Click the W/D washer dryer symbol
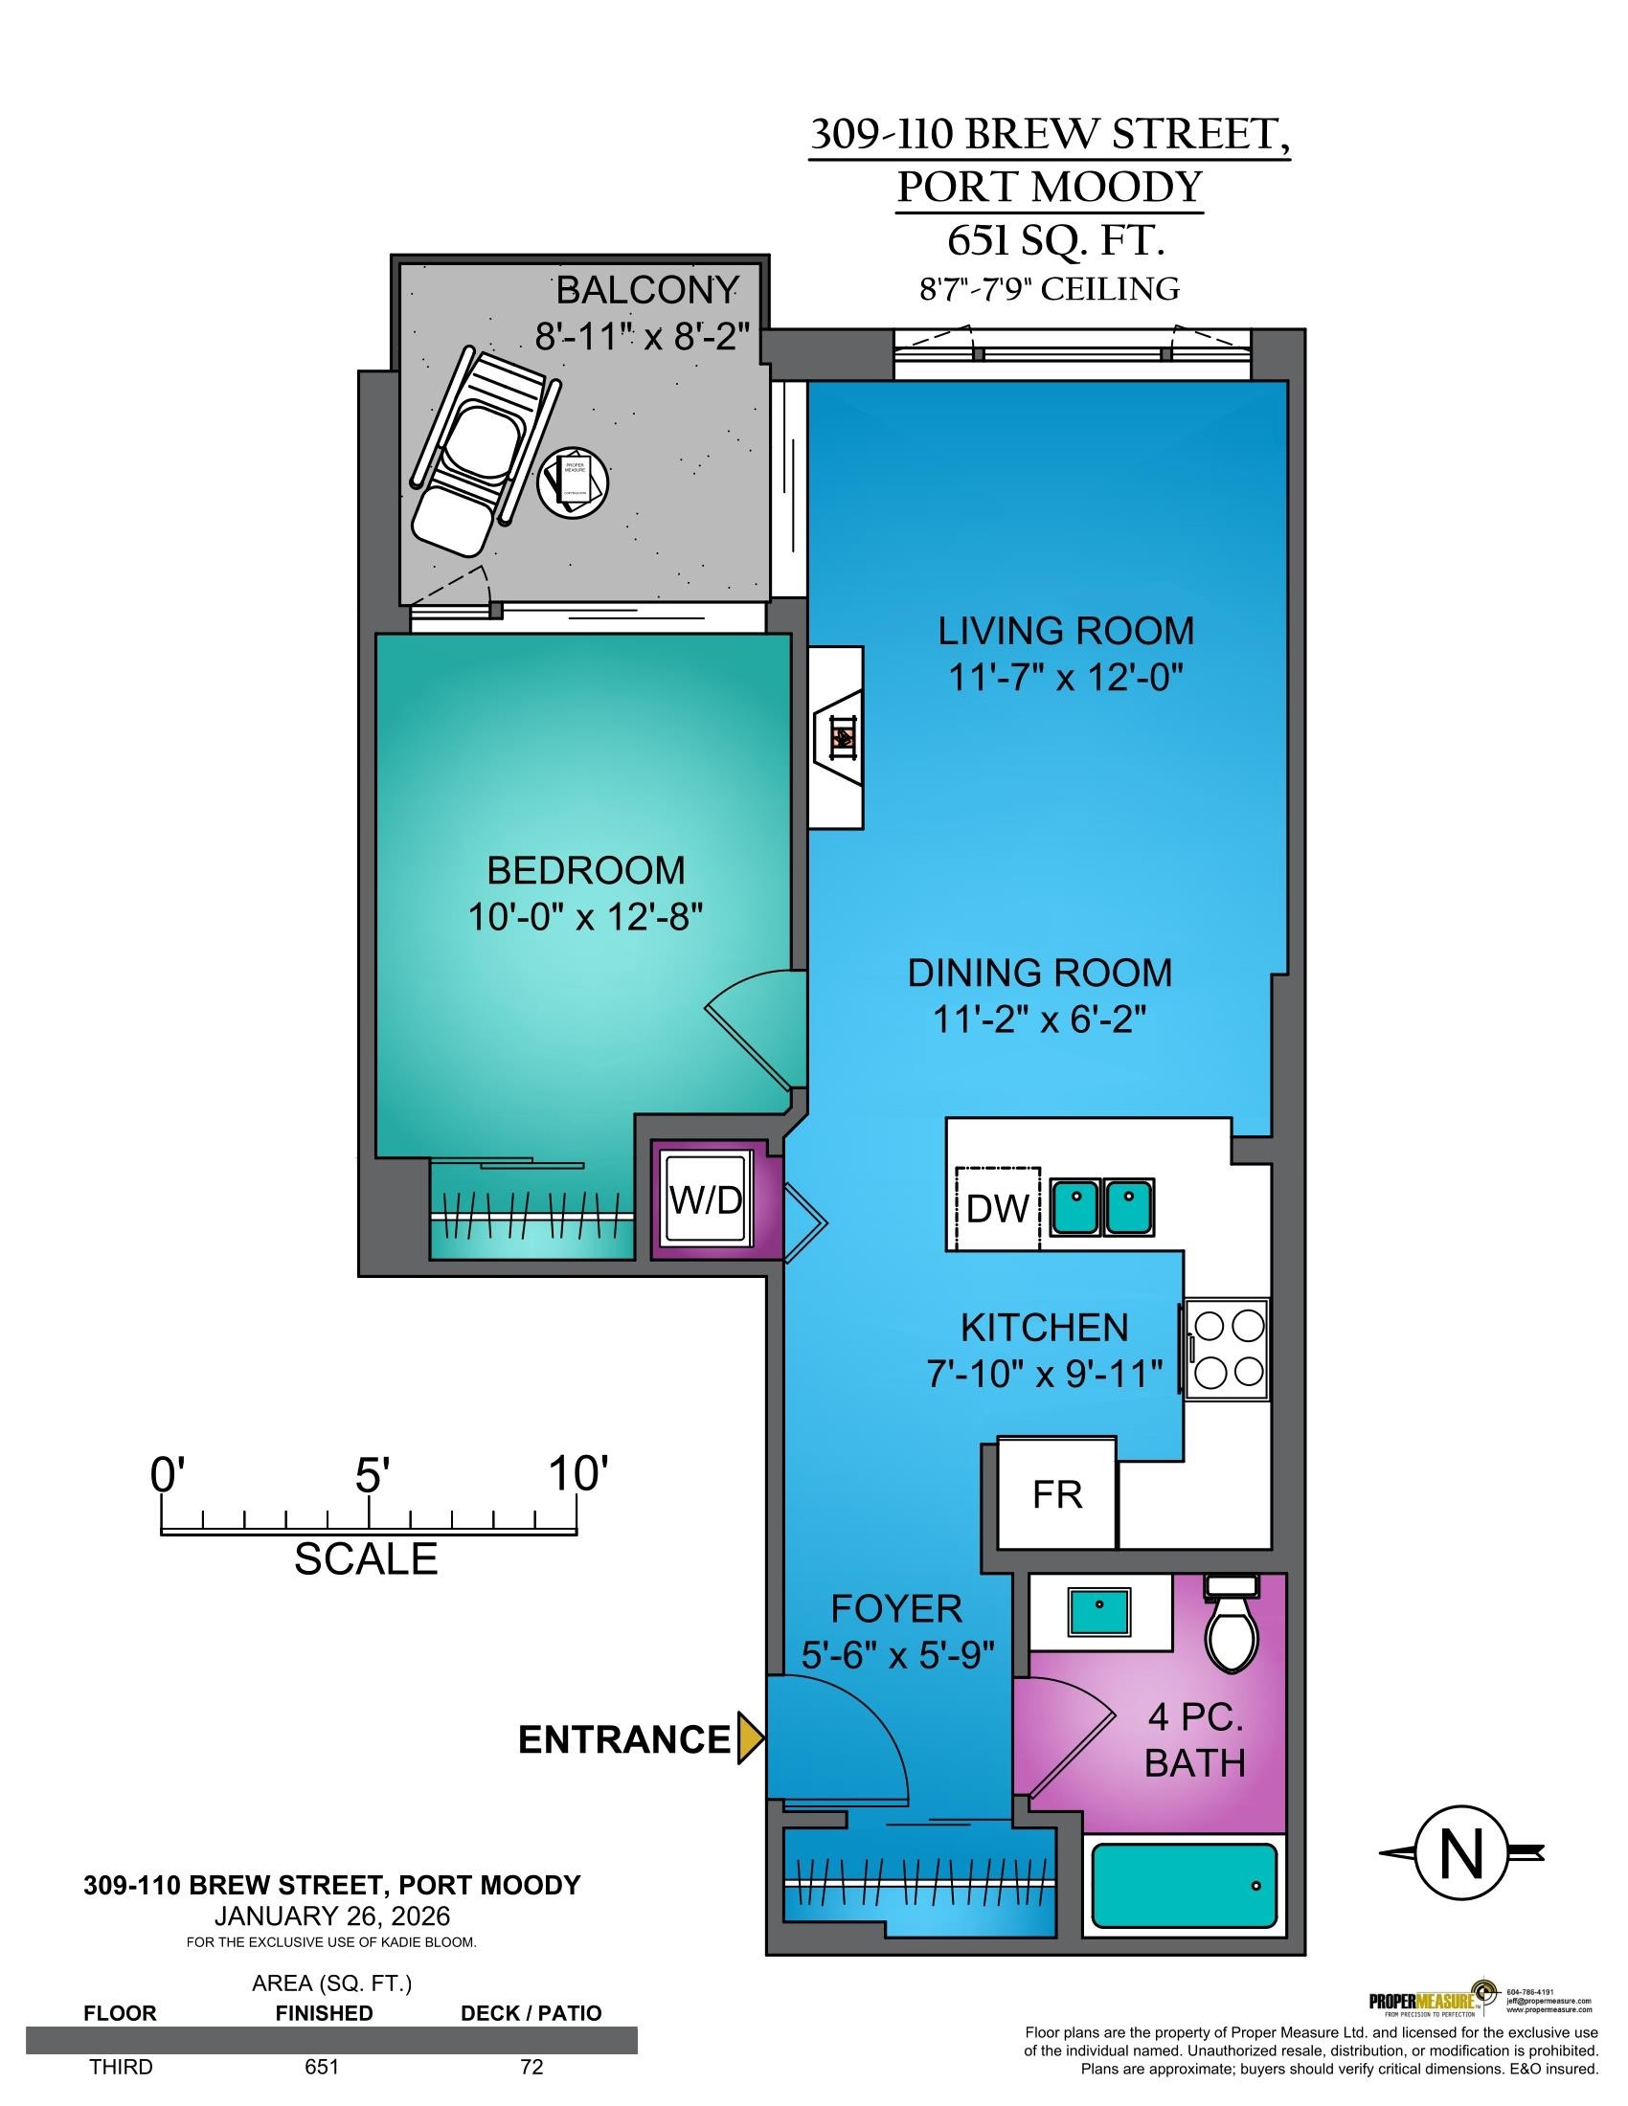(707, 1200)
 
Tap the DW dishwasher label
(997, 1208)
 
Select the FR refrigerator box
(1057, 1493)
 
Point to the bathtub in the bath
(1185, 1884)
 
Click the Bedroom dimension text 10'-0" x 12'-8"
(584, 917)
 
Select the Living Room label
(1066, 631)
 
